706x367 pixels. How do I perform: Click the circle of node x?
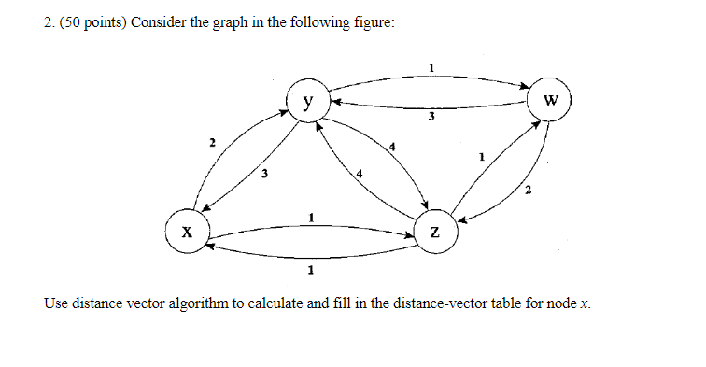coord(187,232)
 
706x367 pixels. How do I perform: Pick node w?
coord(549,101)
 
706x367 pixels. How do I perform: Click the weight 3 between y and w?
coord(431,118)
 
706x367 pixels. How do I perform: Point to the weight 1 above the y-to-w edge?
coord(431,67)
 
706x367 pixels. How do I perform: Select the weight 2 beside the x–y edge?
coord(212,142)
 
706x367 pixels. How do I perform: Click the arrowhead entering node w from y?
coord(523,89)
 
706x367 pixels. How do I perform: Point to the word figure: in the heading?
coord(371,21)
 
